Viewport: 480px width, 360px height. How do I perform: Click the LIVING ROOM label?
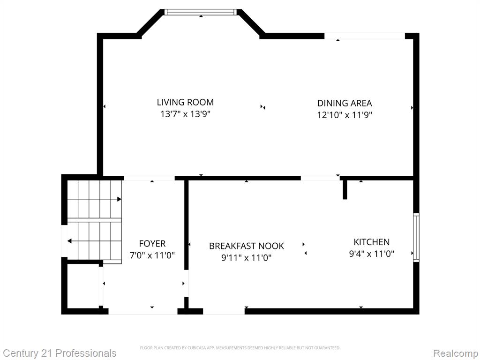pos(185,102)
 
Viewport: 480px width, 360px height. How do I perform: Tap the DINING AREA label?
pos(345,103)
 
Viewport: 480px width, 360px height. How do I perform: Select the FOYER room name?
pos(152,244)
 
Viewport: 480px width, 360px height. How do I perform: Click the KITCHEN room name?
pos(371,242)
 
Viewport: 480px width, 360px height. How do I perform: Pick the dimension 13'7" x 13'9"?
pos(185,114)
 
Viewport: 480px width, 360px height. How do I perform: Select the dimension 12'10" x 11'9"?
pos(345,115)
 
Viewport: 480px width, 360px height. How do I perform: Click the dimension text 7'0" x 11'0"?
pos(152,255)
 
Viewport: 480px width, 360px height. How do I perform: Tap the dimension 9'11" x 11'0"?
pos(247,257)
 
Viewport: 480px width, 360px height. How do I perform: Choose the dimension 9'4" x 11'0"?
pos(371,254)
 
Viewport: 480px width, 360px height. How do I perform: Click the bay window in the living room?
pos(201,12)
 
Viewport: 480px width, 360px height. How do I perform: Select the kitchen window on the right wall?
pos(416,237)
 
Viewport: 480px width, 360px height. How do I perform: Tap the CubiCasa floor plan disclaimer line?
pos(240,348)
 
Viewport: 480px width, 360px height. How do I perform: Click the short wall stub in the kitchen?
pos(345,189)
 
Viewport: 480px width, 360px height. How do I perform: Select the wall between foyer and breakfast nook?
pos(186,225)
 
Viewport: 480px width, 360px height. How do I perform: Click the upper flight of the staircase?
pos(94,199)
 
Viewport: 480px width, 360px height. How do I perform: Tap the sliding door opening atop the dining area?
pos(364,36)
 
